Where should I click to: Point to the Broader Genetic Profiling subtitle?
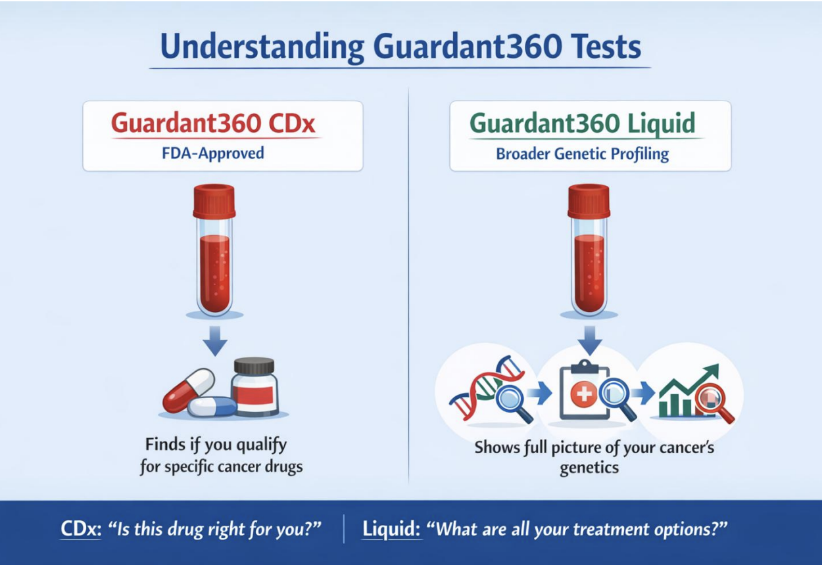582,154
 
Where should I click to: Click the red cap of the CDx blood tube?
214,200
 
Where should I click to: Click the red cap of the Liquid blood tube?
589,200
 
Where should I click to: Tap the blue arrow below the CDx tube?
214,342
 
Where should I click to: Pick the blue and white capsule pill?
212,407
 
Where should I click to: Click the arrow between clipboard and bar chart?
645,394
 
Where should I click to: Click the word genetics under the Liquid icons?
589,468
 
